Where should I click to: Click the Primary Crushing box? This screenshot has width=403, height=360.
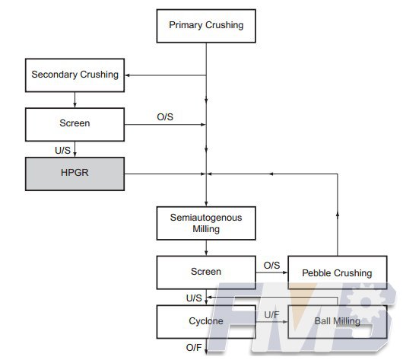pos(206,26)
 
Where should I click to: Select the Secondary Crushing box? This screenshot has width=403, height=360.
pos(75,75)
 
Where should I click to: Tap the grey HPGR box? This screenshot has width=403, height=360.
pos(75,174)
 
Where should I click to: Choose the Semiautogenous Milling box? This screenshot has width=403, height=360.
pos(206,223)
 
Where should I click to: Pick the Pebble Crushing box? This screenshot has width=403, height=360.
pos(338,272)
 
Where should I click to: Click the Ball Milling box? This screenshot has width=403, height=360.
pos(338,322)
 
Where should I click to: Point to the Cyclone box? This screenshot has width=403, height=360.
pos(206,322)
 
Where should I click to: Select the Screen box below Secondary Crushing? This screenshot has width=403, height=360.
pos(75,125)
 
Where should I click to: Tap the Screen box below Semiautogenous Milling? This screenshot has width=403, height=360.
pos(206,272)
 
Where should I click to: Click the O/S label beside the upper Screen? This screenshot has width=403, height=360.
pos(165,117)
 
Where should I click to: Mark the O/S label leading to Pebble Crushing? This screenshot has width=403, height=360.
pos(271,266)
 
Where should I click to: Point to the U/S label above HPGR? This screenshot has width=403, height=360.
pos(62,150)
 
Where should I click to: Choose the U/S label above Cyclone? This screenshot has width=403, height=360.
pos(194,298)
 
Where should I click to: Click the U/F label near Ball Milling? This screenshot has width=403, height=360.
pos(271,314)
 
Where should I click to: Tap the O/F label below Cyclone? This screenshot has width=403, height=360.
pos(194,348)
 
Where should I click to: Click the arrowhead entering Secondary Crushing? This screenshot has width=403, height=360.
pos(127,75)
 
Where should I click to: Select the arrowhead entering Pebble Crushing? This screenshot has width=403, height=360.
pos(285,272)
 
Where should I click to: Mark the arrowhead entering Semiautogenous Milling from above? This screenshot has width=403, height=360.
pos(206,204)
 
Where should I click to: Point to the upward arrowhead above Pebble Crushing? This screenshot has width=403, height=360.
pos(338,214)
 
